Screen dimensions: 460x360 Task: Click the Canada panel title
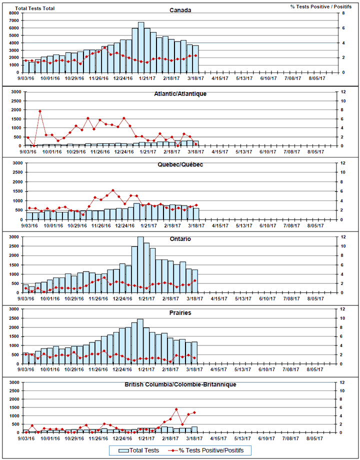180,10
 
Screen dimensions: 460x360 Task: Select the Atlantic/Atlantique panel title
181,93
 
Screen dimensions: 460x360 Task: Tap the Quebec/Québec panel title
180,164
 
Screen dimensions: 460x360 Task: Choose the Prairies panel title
180,313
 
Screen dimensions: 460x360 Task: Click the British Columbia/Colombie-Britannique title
180,384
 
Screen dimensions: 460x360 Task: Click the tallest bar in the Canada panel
141,47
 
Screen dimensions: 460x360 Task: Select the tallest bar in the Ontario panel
140,265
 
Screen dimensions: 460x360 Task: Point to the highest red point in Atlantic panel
40,111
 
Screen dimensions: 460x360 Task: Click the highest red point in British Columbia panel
176,409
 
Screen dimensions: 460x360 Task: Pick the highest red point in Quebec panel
113,190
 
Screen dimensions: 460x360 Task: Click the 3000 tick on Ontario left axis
16,237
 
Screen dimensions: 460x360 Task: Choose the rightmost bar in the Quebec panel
196,213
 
